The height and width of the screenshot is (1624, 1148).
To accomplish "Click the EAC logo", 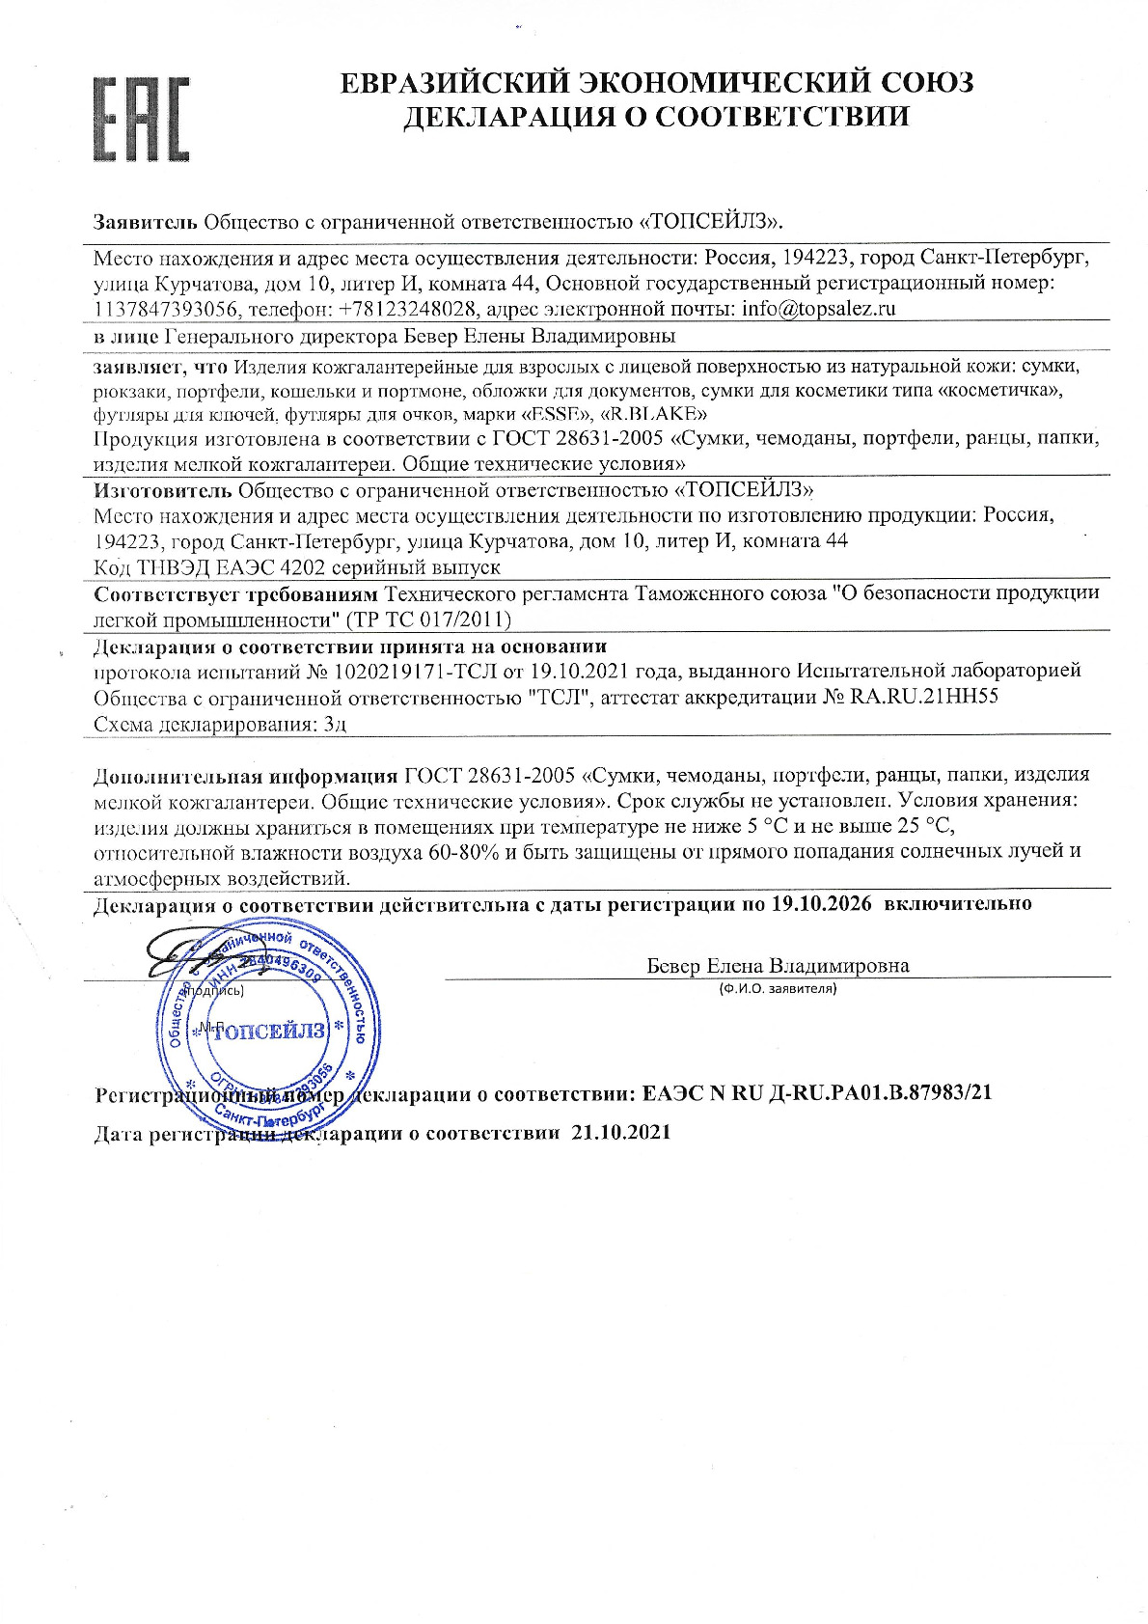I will tap(140, 119).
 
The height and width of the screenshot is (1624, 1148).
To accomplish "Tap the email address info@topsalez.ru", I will tap(818, 310).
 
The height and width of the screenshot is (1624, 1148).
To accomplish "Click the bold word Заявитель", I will tap(146, 221).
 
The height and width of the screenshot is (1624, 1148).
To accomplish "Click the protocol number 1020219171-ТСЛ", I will tap(433, 671).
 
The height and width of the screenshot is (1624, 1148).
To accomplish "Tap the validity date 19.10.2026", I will tap(821, 904).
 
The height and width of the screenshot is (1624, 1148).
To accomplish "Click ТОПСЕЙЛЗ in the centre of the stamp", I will tap(269, 1032).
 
